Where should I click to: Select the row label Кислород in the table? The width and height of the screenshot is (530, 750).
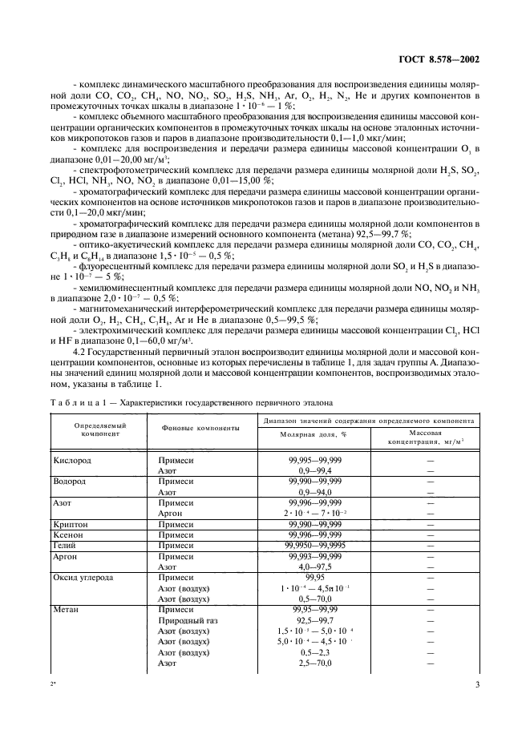pos(72,462)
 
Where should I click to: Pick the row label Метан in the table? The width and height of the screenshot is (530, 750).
pos(67,609)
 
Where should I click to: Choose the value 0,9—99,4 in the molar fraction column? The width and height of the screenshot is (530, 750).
pos(314,472)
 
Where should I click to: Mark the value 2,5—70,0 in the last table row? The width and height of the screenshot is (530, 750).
pos(314,663)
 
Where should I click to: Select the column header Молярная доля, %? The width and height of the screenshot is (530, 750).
pos(312,433)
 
